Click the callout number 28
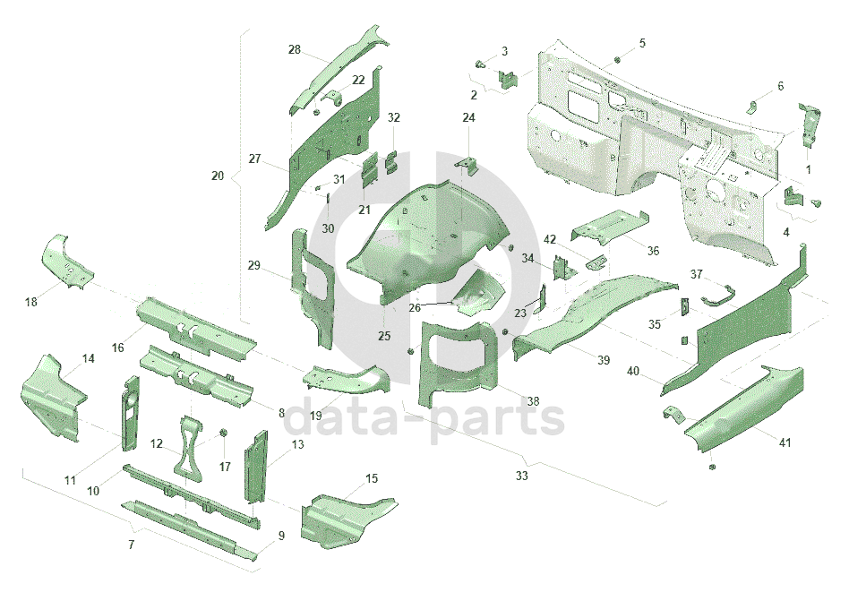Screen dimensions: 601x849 click(295, 49)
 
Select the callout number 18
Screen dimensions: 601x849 click(31, 302)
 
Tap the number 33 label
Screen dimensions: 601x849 click(521, 476)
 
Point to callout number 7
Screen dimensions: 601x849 click(132, 545)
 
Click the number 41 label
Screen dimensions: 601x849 click(785, 442)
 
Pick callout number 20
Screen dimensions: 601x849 click(218, 176)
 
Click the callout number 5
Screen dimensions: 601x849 click(642, 43)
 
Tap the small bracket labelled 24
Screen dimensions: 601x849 click(468, 167)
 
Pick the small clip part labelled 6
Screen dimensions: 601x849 click(755, 107)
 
